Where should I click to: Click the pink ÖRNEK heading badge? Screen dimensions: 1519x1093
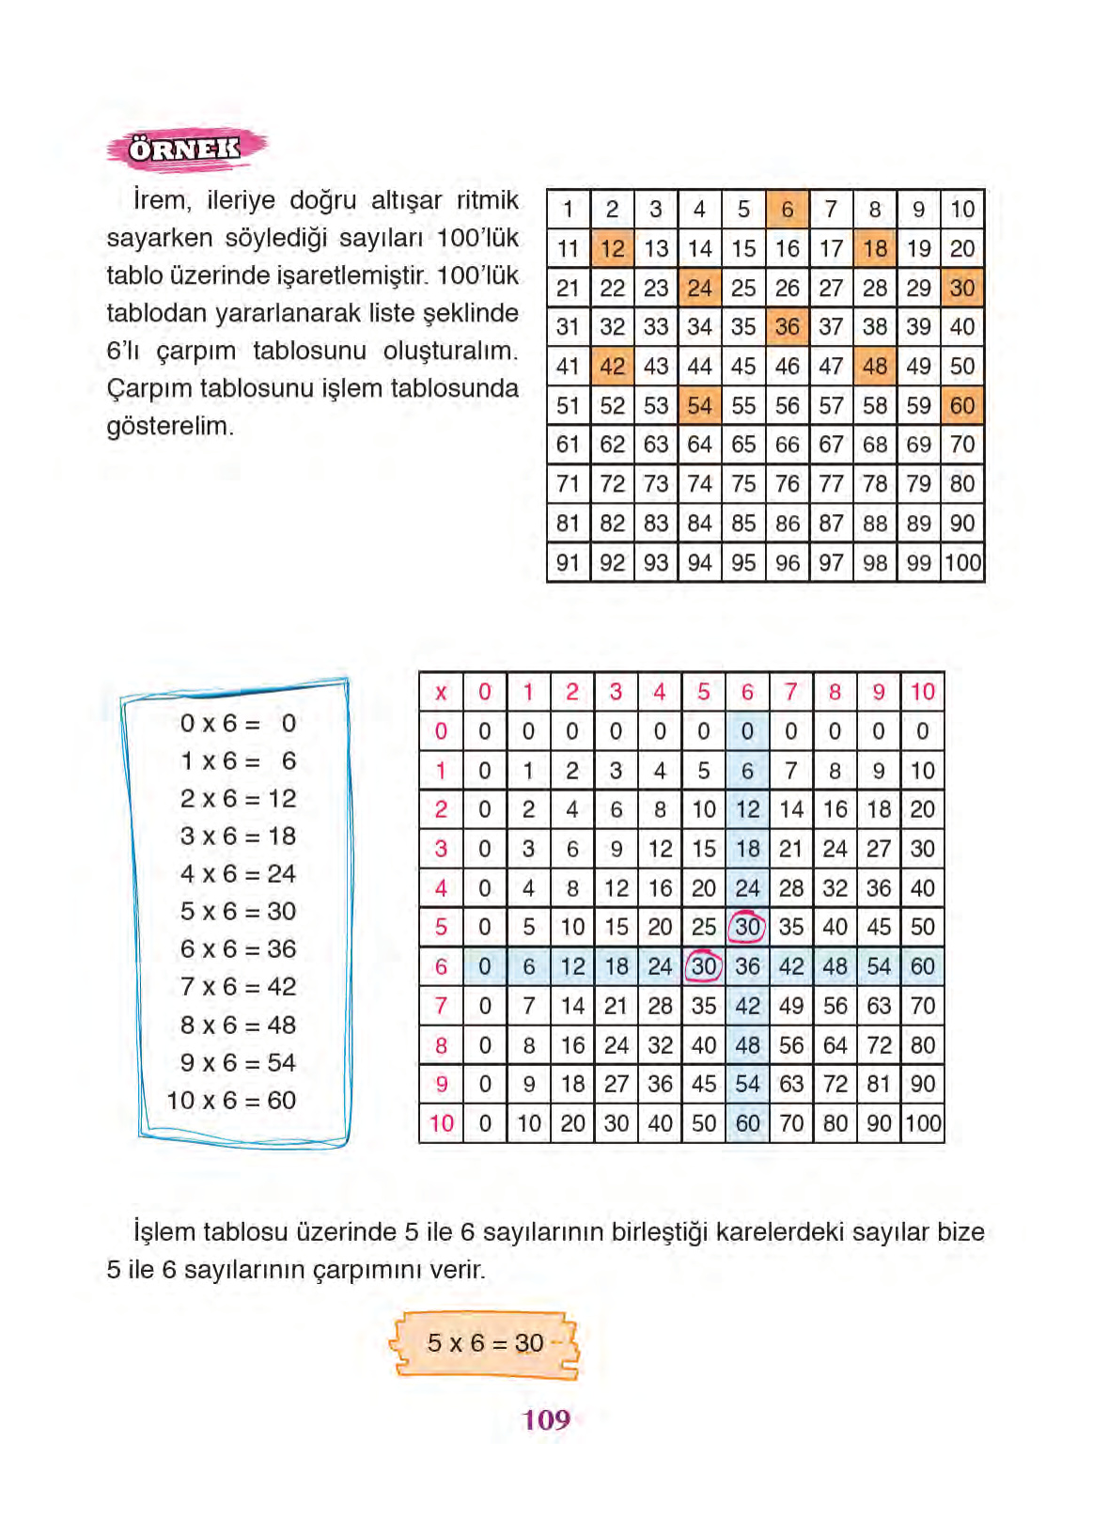pyautogui.click(x=185, y=149)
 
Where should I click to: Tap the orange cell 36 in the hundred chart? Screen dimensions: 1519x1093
pyautogui.click(x=787, y=327)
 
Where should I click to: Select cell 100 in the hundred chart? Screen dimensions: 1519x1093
pyautogui.click(x=962, y=563)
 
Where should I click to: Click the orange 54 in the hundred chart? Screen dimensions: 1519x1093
pyautogui.click(x=699, y=406)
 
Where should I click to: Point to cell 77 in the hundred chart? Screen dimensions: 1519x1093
pyautogui.click(x=831, y=484)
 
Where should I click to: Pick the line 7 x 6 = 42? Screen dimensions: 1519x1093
pyautogui.click(x=238, y=987)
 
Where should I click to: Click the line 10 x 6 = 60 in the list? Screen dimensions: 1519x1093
pyautogui.click(x=231, y=1100)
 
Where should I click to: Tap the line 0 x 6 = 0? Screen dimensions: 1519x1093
pyautogui.click(x=238, y=723)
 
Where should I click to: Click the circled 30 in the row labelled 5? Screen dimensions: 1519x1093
pyautogui.click(x=747, y=927)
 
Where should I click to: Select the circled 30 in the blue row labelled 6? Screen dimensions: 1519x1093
pyautogui.click(x=703, y=966)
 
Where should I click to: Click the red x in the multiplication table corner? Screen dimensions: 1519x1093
pyautogui.click(x=441, y=693)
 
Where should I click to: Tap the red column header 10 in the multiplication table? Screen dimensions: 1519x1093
pyautogui.click(x=922, y=693)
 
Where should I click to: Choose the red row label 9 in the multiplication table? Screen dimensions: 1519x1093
pyautogui.click(x=441, y=1084)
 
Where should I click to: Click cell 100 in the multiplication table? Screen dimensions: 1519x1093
pyautogui.click(x=923, y=1123)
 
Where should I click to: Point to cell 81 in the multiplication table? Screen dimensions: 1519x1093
pyautogui.click(x=879, y=1084)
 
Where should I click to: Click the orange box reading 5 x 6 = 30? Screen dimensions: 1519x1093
pyautogui.click(x=485, y=1343)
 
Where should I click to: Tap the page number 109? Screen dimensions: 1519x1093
pyautogui.click(x=546, y=1419)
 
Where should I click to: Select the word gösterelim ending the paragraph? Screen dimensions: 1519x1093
pyautogui.click(x=169, y=426)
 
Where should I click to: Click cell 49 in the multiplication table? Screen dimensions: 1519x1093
pyautogui.click(x=791, y=1006)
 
